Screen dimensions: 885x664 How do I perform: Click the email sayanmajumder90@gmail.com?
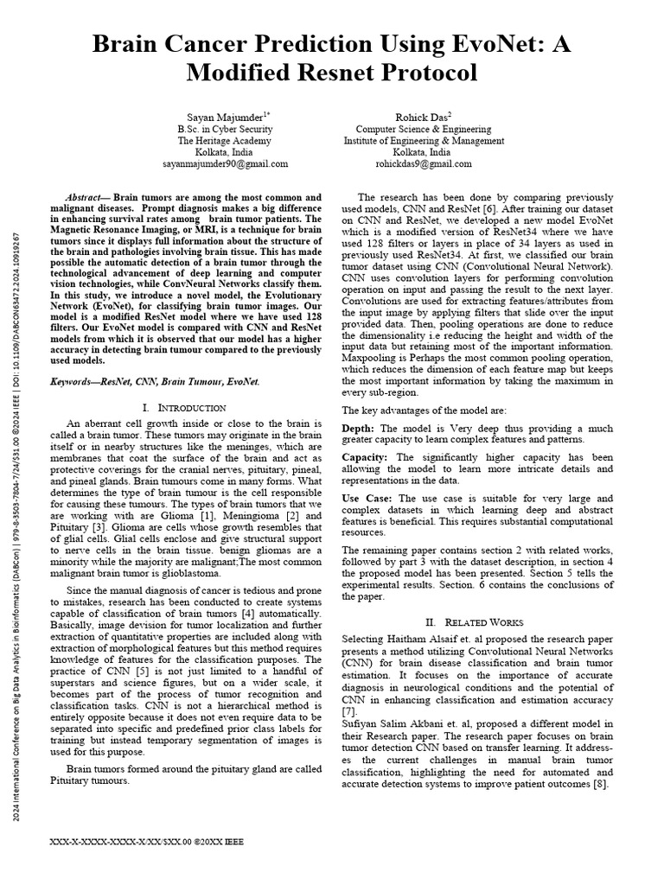point(226,163)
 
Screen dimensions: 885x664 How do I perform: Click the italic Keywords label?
point(75,380)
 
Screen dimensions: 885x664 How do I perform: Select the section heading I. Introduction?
point(183,407)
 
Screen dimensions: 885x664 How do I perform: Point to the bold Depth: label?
point(358,429)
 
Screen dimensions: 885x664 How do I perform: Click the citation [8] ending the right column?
point(603,784)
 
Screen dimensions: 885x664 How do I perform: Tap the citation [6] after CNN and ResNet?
point(511,210)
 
